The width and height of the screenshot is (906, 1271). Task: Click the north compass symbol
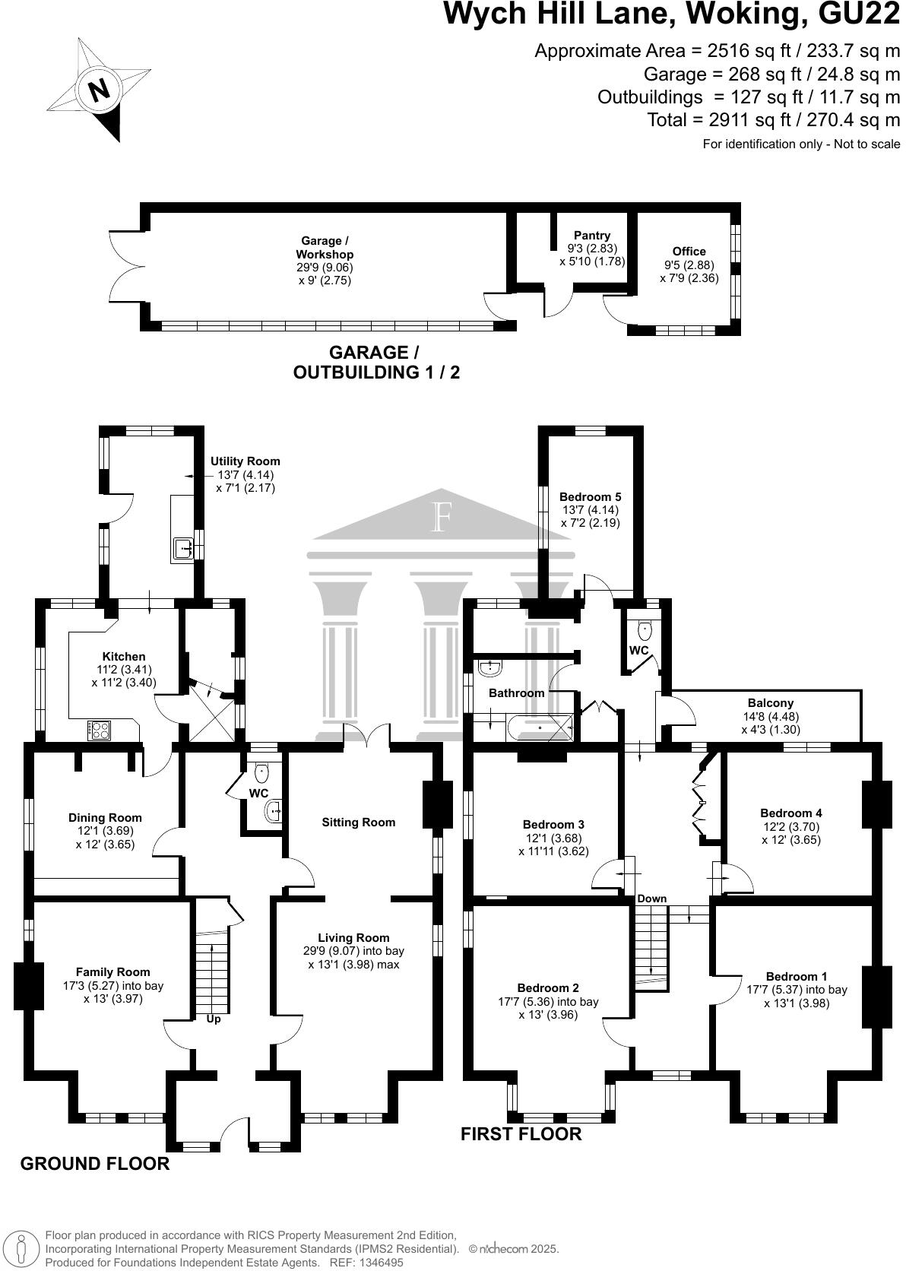(97, 90)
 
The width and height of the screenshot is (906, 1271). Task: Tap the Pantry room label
(591, 236)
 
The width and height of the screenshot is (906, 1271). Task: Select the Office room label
(689, 252)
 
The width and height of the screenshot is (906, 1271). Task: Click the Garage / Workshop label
(325, 247)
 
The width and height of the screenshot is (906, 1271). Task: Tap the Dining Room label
(105, 818)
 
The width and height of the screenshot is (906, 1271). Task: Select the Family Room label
(112, 971)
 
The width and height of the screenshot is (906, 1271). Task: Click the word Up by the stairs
(214, 1019)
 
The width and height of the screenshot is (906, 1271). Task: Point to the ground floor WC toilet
(262, 773)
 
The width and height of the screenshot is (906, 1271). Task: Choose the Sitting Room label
(359, 822)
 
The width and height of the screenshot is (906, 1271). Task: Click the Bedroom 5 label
(591, 497)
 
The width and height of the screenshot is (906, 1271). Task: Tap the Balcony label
(770, 703)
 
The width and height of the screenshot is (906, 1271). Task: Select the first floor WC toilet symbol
(645, 629)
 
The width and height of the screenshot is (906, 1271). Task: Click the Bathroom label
(516, 693)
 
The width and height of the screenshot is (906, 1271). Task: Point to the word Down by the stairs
(651, 899)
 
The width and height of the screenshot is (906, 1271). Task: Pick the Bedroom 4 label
(790, 813)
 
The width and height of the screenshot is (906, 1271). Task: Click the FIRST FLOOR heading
(521, 1134)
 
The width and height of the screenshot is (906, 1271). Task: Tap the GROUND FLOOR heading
(94, 1164)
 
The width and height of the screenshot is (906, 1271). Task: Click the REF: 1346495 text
(366, 1262)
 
